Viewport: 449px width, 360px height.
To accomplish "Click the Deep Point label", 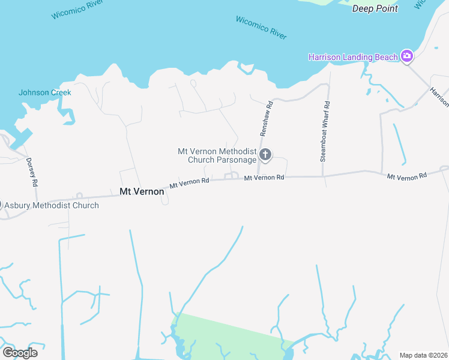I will pyautogui.click(x=375, y=8).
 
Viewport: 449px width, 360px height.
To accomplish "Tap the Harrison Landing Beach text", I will pyautogui.click(x=353, y=57).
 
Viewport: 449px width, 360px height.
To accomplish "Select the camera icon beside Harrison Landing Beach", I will pyautogui.click(x=407, y=56).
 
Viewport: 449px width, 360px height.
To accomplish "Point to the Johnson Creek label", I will pyautogui.click(x=44, y=92).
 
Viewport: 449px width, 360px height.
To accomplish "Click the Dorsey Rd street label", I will pyautogui.click(x=32, y=172).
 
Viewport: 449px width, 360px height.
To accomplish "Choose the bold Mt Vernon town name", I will pyautogui.click(x=142, y=191).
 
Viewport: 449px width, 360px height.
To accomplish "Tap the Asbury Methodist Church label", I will pyautogui.click(x=52, y=205).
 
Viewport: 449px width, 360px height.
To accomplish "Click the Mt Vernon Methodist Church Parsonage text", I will pyautogui.click(x=217, y=155).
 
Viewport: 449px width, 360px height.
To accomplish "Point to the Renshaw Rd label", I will pyautogui.click(x=266, y=118).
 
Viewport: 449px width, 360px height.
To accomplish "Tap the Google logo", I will pyautogui.click(x=20, y=352).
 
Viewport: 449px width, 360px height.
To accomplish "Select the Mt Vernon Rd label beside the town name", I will pyautogui.click(x=189, y=182).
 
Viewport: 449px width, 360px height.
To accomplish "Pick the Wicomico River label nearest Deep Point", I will pyautogui.click(x=261, y=28).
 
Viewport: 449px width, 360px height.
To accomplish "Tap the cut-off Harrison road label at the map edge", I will pyautogui.click(x=439, y=97).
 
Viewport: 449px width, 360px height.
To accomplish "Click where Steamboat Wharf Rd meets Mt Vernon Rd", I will pyautogui.click(x=323, y=177).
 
